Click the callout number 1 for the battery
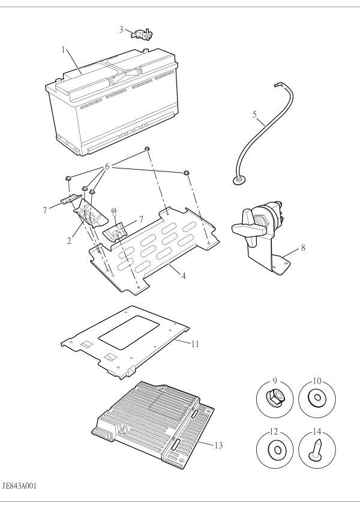[64, 50]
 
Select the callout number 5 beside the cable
[254, 115]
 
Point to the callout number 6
[107, 167]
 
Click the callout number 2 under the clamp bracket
[69, 241]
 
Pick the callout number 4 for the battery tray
[184, 276]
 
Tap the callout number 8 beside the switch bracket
[303, 248]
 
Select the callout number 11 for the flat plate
[195, 344]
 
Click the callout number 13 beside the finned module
[218, 445]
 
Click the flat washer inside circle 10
[316, 397]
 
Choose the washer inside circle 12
[277, 450]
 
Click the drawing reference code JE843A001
[19, 486]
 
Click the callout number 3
[121, 30]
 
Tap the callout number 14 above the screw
[317, 432]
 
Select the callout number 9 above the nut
[275, 381]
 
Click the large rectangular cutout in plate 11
[129, 332]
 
